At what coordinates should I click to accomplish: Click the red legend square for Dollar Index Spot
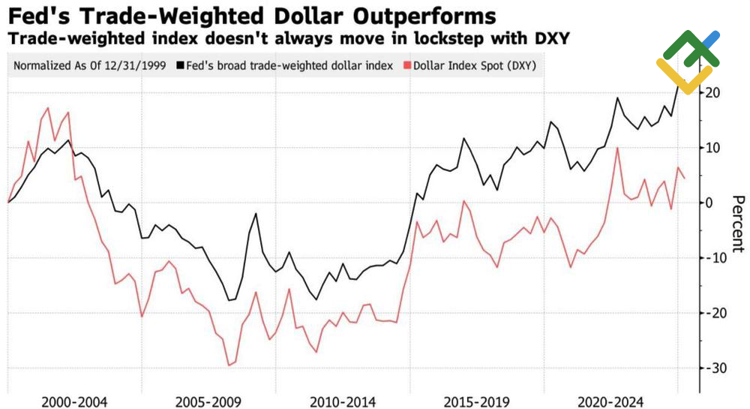(x=406, y=65)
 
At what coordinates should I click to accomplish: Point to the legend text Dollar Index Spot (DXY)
(x=471, y=65)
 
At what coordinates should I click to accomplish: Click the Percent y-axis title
(x=738, y=223)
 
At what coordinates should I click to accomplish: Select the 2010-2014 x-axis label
(x=343, y=401)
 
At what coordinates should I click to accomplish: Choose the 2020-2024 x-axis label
(x=612, y=401)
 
